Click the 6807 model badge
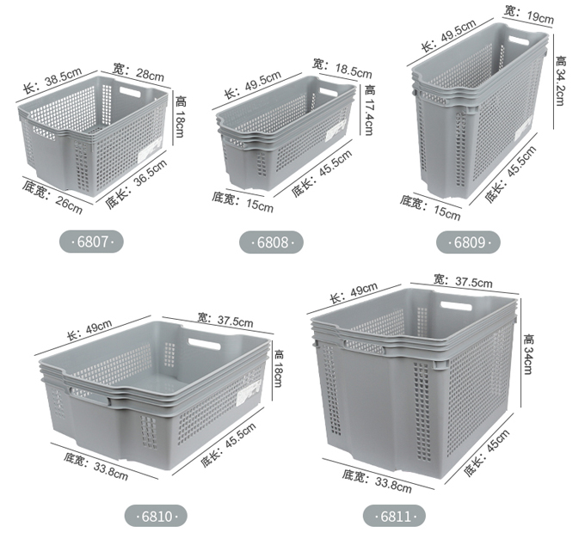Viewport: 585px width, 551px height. click(91, 242)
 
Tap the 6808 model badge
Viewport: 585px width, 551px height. click(271, 242)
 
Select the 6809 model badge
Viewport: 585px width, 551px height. click(468, 242)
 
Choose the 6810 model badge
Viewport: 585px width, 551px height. click(156, 517)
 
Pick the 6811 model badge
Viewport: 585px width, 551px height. click(394, 517)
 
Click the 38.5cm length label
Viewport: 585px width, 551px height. click(52, 81)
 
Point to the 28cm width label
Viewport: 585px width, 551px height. click(139, 72)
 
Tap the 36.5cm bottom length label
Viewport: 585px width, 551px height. click(136, 184)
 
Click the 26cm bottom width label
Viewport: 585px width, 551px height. click(52, 197)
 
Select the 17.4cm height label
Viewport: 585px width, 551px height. click(368, 110)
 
